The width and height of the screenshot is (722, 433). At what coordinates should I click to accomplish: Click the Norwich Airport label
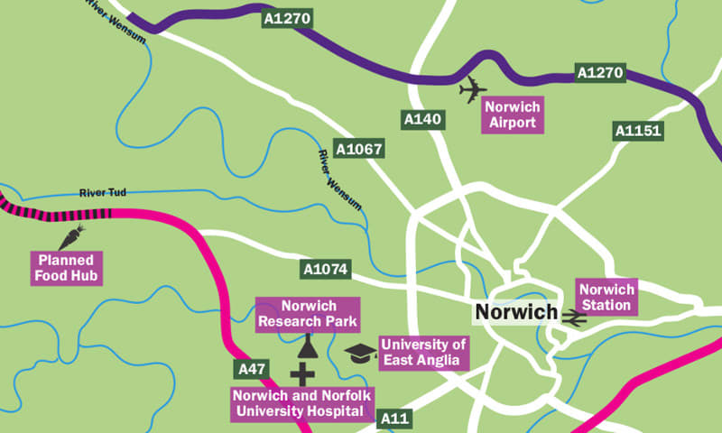point(511,115)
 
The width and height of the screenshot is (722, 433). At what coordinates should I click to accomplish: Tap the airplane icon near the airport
point(471,90)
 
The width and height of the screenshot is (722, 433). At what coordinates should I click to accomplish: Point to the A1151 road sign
point(638,131)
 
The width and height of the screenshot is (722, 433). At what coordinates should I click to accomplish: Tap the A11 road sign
point(394,419)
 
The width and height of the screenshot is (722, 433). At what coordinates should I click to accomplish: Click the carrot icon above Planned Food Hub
point(70,238)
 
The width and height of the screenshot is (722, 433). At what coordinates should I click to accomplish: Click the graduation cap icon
point(361,353)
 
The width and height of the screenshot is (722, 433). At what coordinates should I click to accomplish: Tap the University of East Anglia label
point(424,353)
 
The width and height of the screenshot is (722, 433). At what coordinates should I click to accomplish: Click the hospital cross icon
point(302,374)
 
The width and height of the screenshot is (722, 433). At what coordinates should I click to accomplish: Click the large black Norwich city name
point(515,312)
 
